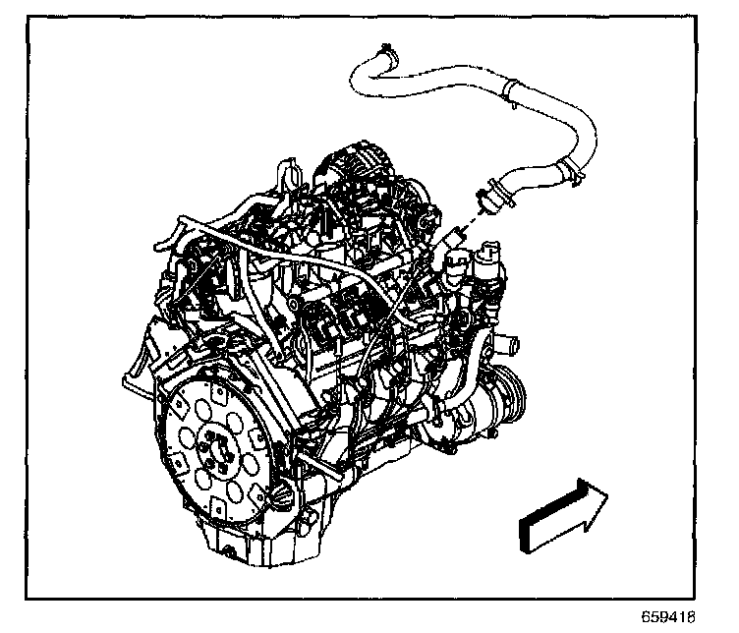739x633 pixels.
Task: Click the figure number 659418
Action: click(668, 616)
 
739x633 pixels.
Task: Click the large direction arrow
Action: click(563, 515)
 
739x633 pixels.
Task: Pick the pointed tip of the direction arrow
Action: click(607, 494)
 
